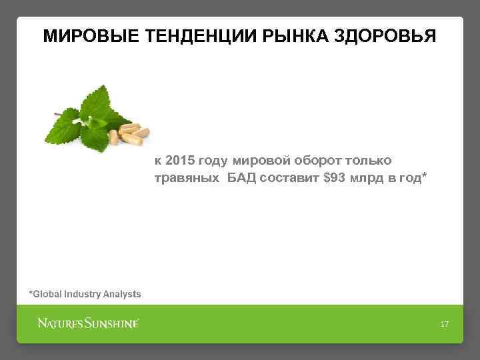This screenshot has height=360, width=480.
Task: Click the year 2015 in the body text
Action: point(179,161)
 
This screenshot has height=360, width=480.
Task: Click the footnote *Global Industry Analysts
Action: point(85,293)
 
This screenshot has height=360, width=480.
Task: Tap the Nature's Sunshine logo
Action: point(87,324)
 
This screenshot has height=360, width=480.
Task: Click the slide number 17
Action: point(445,324)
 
